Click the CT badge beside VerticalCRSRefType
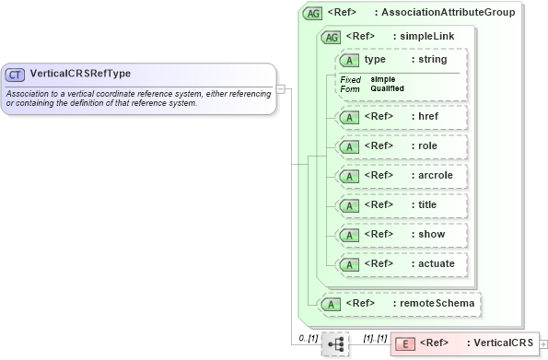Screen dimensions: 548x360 pyautogui.click(x=15, y=74)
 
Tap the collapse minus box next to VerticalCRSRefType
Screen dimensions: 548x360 pyautogui.click(x=281, y=88)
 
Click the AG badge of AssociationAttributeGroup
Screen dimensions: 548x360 pyautogui.click(x=313, y=13)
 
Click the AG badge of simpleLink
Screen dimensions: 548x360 pyautogui.click(x=329, y=37)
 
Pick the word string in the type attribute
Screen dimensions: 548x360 pyautogui.click(x=433, y=60)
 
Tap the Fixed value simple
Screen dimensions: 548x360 pyautogui.click(x=383, y=79)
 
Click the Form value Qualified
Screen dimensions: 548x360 pyautogui.click(x=387, y=88)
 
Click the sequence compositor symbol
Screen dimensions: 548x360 pyautogui.click(x=334, y=344)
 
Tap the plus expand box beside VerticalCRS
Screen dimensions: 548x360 pyautogui.click(x=543, y=343)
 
